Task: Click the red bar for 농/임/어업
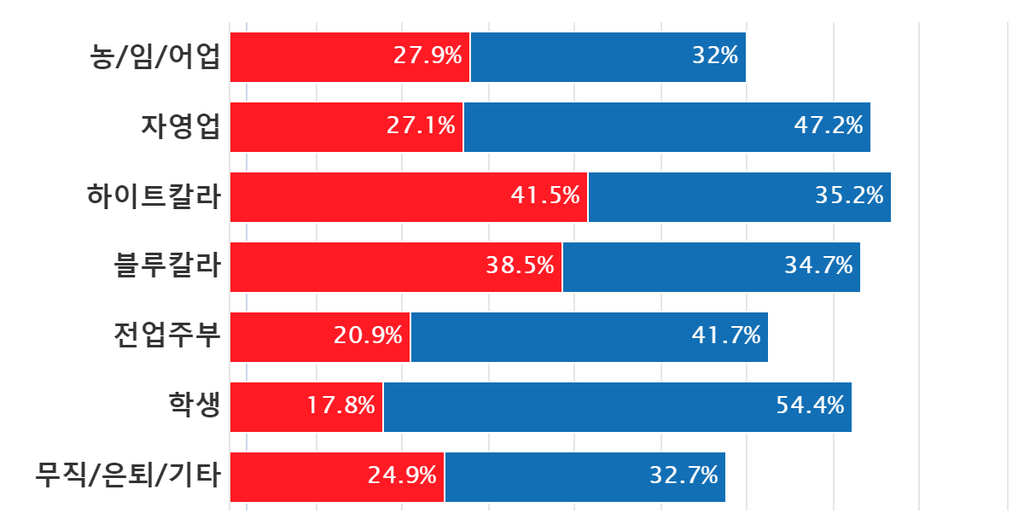click(x=350, y=57)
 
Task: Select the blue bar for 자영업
click(x=667, y=127)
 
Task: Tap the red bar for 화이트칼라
click(x=409, y=197)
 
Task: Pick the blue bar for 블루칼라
click(x=712, y=267)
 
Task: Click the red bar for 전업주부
click(x=320, y=337)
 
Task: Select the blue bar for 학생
click(x=618, y=407)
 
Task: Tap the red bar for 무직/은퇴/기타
click(x=337, y=477)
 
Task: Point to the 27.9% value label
click(x=428, y=56)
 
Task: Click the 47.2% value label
click(x=829, y=126)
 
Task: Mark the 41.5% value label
click(x=545, y=196)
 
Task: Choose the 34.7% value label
click(x=818, y=266)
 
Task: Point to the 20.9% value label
click(x=368, y=336)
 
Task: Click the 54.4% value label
click(x=810, y=406)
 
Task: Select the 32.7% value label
click(x=684, y=476)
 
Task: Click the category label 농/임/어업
click(x=156, y=57)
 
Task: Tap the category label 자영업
click(x=181, y=127)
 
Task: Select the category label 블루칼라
click(x=168, y=267)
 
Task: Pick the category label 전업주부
click(x=168, y=335)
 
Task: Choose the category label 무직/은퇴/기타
click(x=129, y=476)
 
